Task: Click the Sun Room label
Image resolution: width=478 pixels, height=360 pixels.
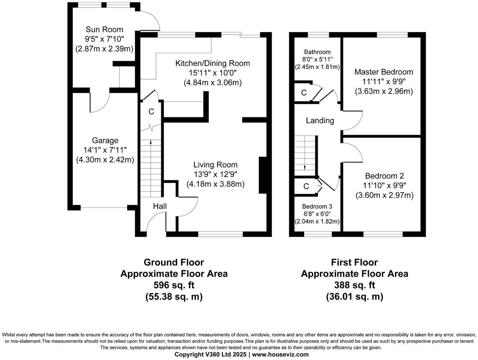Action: click(x=104, y=30)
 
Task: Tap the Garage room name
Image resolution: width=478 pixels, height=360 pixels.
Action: click(x=105, y=140)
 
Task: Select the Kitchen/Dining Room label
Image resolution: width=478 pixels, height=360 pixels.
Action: click(x=212, y=63)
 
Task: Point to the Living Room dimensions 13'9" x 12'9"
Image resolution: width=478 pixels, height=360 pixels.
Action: click(x=215, y=175)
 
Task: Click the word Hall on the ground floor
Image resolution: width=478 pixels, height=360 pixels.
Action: click(x=160, y=206)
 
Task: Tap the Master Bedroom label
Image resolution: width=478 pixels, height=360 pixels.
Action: click(x=384, y=72)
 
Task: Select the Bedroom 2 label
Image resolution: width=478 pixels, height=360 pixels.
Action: click(x=384, y=176)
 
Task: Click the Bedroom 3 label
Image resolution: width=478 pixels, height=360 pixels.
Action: click(x=317, y=207)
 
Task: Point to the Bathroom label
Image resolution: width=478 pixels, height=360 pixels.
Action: click(x=317, y=52)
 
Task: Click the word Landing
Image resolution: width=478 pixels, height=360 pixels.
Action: click(x=320, y=121)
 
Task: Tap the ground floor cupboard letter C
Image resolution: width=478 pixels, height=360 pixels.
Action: click(x=151, y=112)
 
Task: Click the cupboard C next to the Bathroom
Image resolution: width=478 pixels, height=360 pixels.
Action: click(x=304, y=93)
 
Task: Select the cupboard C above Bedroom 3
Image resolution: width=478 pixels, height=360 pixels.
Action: click(x=306, y=186)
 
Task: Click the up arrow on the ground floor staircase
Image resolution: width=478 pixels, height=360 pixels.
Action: click(x=150, y=142)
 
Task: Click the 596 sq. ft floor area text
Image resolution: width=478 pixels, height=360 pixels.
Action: click(x=174, y=285)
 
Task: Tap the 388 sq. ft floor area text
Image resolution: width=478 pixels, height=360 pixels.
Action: click(x=355, y=285)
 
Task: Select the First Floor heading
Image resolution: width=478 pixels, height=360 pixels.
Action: click(x=354, y=262)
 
